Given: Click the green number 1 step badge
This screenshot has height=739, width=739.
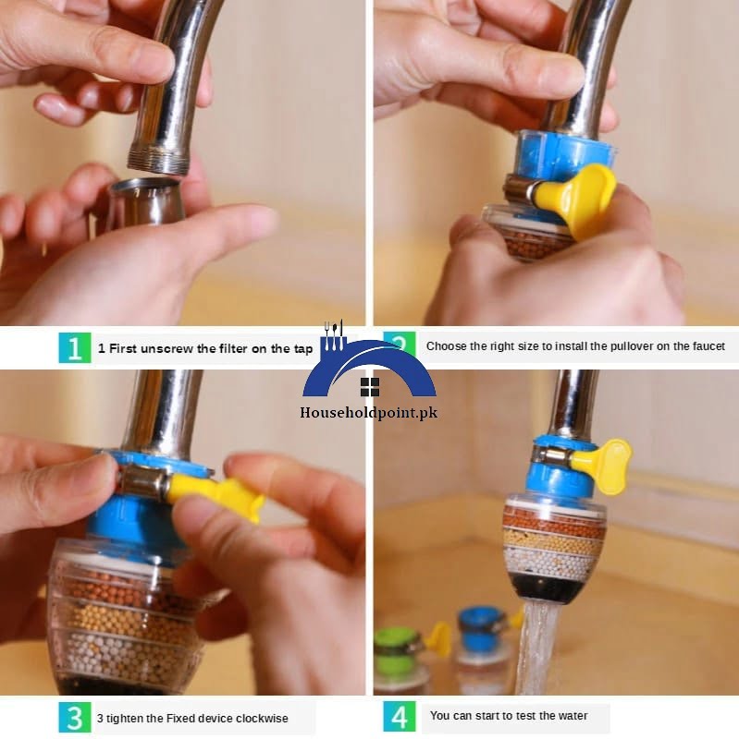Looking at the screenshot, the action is click(x=75, y=348).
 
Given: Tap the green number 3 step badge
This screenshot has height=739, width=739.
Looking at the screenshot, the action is click(x=75, y=718).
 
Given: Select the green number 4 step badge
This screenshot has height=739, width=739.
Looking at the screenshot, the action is click(x=400, y=717).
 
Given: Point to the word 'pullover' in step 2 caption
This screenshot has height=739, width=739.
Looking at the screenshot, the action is click(x=632, y=346).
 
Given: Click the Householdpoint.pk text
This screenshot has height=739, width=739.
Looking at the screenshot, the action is click(x=368, y=413).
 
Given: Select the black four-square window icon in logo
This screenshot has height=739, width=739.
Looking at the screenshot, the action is click(x=370, y=387).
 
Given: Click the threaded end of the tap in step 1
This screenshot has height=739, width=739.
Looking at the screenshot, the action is click(x=157, y=160).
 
